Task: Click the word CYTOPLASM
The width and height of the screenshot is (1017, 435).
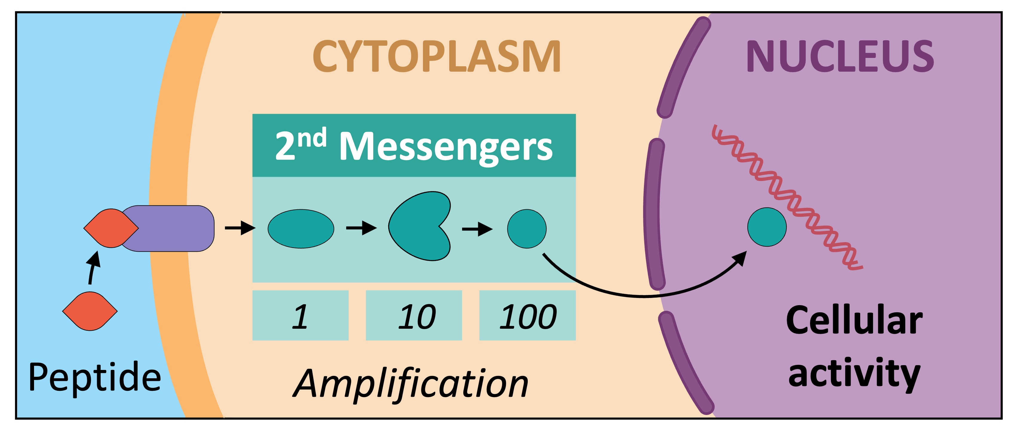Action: pyautogui.click(x=436, y=56)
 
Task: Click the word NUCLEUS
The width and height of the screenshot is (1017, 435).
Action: pyautogui.click(x=840, y=56)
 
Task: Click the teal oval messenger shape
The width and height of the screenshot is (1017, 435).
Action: pyautogui.click(x=301, y=229)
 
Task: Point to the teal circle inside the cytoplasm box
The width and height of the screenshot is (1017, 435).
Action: pyautogui.click(x=527, y=229)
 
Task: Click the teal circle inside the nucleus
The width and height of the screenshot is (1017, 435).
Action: pyautogui.click(x=767, y=227)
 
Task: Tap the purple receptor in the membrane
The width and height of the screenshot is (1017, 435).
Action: pyautogui.click(x=174, y=228)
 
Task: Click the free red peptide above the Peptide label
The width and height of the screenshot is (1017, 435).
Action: pyautogui.click(x=90, y=311)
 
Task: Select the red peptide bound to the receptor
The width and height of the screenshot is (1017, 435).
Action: pyautogui.click(x=111, y=228)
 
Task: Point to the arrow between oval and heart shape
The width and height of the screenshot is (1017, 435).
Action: pyautogui.click(x=361, y=228)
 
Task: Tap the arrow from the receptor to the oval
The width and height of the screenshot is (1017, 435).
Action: pyautogui.click(x=240, y=228)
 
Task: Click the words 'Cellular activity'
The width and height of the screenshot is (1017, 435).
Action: pyautogui.click(x=854, y=347)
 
